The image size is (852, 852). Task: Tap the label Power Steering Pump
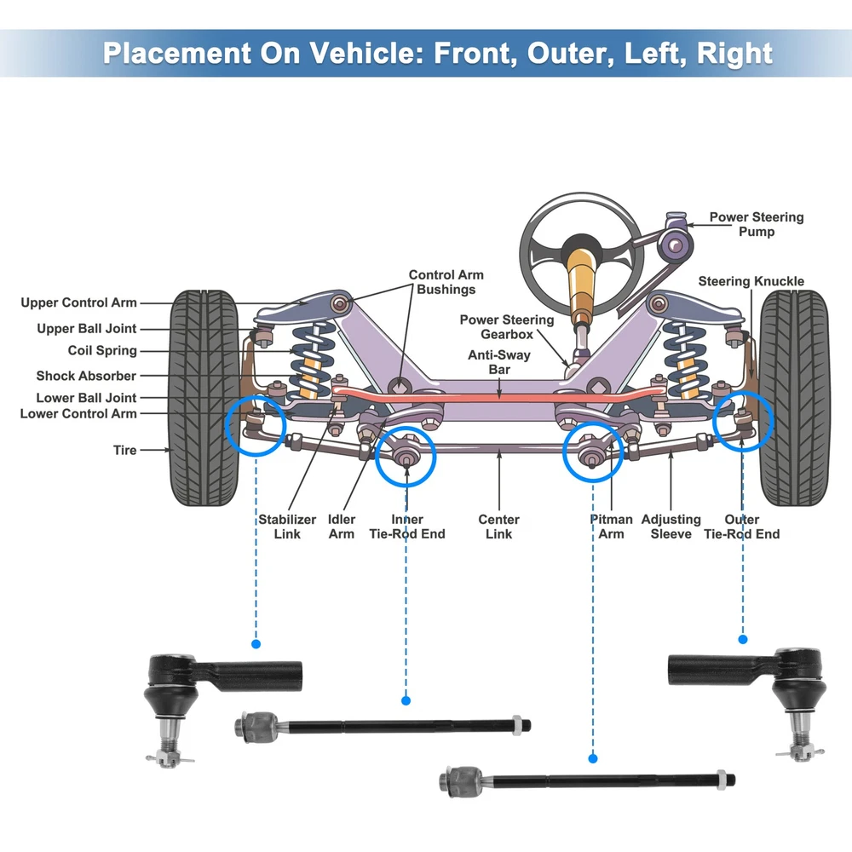756,224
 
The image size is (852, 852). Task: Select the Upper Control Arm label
78,302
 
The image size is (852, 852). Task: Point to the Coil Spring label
102,350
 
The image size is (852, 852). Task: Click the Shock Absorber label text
86,376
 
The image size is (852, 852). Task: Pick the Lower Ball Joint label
86,398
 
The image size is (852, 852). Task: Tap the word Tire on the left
124,450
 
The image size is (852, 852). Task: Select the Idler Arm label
342,527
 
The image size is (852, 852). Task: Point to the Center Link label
498,527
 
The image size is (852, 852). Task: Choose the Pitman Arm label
612,527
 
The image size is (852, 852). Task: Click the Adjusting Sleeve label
671,527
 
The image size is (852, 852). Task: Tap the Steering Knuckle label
751,281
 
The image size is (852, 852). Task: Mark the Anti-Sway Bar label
498,362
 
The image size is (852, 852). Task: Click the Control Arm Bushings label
446,282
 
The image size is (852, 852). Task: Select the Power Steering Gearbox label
506,327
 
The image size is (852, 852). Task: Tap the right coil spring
686,358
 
